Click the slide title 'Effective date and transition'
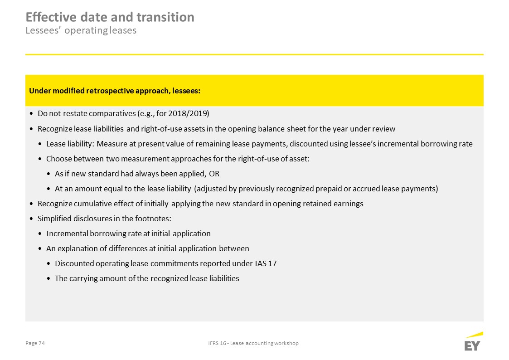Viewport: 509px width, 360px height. pos(110,17)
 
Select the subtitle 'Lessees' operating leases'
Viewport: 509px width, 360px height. pos(81,31)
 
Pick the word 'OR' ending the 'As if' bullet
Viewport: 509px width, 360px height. pos(214,174)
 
